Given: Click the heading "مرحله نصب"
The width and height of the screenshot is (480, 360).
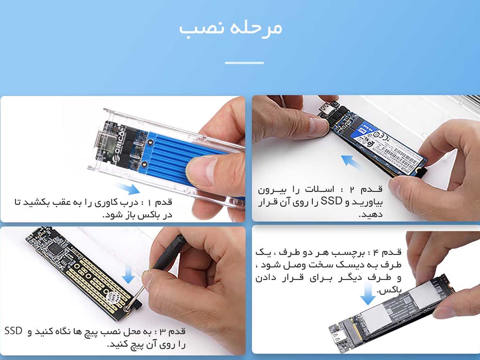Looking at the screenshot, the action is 230,28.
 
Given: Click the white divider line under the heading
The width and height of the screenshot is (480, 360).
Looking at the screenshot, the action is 244,63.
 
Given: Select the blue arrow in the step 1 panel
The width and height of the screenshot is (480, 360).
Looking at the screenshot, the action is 128,188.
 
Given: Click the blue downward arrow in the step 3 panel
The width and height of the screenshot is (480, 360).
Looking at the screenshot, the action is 128,275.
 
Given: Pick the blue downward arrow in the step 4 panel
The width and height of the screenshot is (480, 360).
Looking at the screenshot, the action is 367,294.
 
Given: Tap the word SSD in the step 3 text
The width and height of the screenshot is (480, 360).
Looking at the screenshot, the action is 14,331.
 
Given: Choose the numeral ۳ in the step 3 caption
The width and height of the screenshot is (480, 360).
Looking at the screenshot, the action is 163,331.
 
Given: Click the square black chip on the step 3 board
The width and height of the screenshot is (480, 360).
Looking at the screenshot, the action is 56,248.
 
